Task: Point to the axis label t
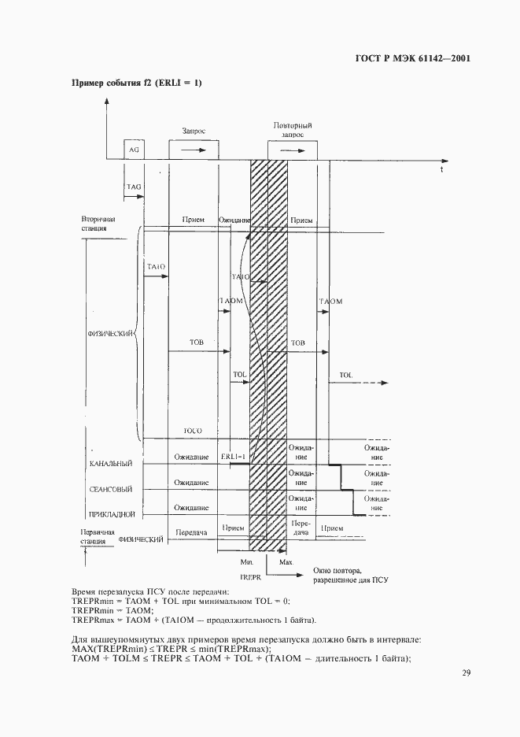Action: click(441, 169)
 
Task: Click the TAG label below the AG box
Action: click(134, 186)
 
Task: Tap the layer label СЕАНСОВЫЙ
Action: click(112, 489)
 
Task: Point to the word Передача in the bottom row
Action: click(191, 532)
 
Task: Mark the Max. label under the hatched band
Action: click(286, 563)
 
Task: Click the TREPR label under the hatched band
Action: click(250, 577)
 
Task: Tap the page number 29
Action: click(466, 672)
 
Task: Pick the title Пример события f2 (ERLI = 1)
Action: click(136, 83)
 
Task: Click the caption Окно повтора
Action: click(337, 570)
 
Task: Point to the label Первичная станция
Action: click(96, 537)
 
